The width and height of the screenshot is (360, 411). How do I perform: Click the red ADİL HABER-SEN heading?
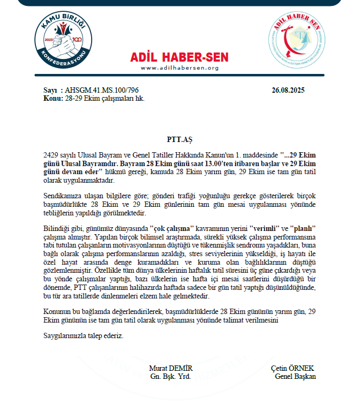pyautogui.click(x=179, y=57)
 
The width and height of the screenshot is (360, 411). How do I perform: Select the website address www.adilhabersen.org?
pyautogui.click(x=179, y=68)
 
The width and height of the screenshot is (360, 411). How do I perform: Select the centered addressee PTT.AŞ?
pyautogui.click(x=179, y=140)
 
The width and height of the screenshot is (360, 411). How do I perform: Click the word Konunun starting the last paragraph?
pyautogui.click(x=56, y=311)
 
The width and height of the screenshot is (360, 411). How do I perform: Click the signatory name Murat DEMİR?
pyautogui.click(x=171, y=369)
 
